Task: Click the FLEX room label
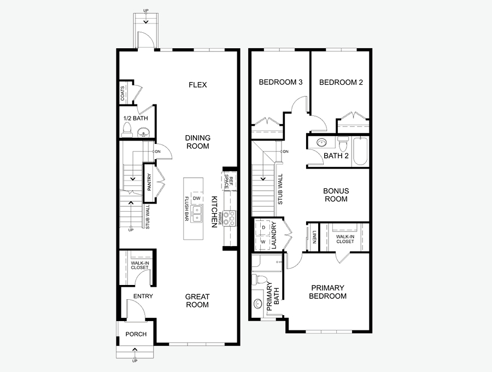coord(198,85)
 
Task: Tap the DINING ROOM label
coord(198,142)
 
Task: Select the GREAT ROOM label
coord(197,301)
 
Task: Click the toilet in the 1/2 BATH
coord(127,130)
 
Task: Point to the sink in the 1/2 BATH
coord(144,132)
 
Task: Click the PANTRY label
coord(149,182)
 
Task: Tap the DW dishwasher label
coord(196,198)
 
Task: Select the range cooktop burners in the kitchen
coord(229,218)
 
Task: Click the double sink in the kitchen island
coord(197,214)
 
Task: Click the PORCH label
coord(136,334)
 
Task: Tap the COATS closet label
coord(122,94)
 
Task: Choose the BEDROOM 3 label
coord(280,82)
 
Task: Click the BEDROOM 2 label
coord(341,82)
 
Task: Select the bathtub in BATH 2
coord(360,151)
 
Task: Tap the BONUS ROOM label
coord(336,195)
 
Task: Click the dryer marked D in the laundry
coord(263,227)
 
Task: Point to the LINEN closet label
coord(314,237)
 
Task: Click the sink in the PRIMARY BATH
coord(258,304)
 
